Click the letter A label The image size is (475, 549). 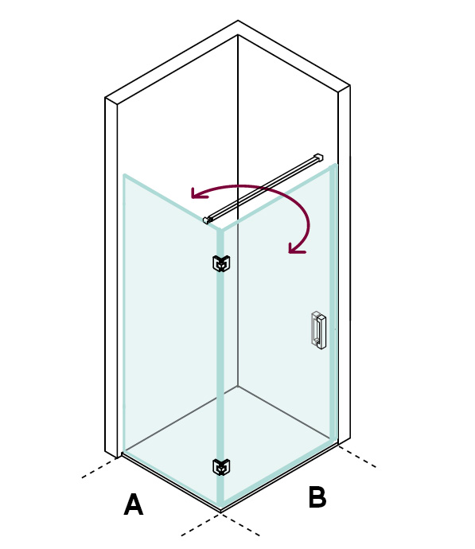134,504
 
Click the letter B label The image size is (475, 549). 317,496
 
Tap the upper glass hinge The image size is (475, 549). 221,263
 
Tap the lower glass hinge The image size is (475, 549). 221,467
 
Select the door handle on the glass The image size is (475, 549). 318,330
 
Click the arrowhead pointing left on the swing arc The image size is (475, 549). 198,193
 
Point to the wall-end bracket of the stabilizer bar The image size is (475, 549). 318,158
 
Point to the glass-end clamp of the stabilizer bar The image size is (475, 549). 207,220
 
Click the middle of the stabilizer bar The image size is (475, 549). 263,189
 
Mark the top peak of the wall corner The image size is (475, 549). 238,21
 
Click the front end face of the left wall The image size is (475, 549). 111,278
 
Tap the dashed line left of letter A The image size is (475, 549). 99,468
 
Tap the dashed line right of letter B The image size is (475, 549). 357,457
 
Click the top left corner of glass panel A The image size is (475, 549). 125,175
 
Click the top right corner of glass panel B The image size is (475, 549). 336,165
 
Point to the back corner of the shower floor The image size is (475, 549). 238,387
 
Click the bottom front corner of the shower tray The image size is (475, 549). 220,512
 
